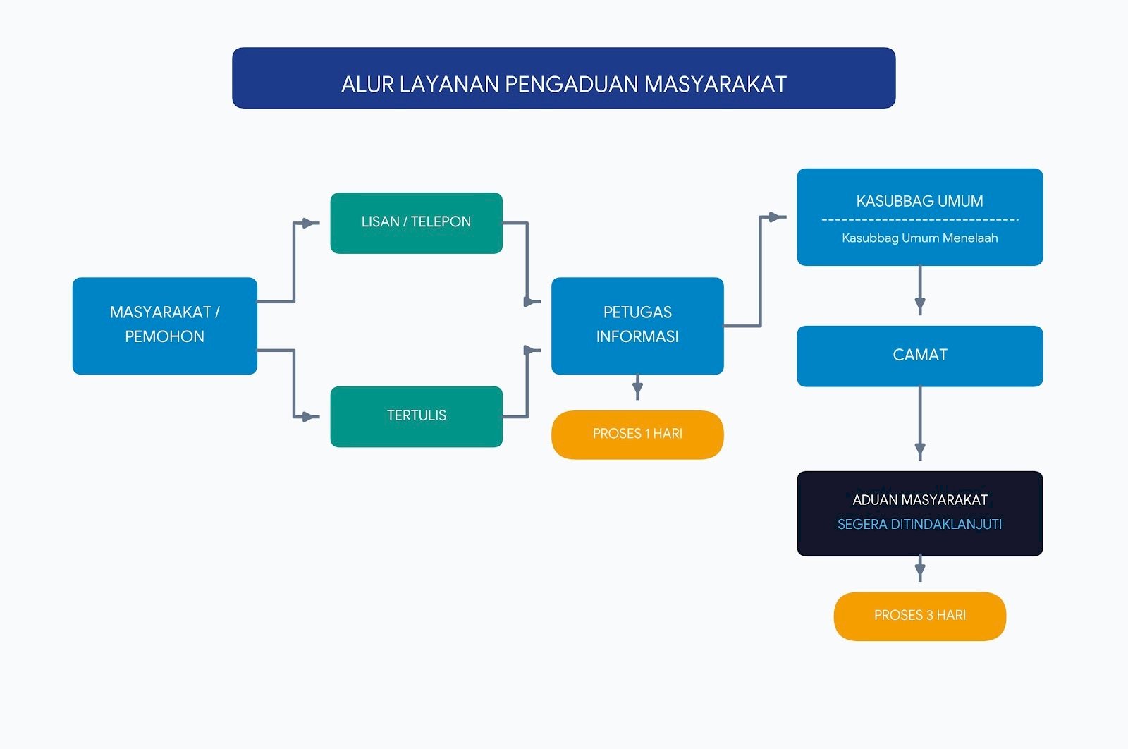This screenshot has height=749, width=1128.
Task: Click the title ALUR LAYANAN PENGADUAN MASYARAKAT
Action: (563, 84)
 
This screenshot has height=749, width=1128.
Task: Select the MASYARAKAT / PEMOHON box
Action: (165, 326)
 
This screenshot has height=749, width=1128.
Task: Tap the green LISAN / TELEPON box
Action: (417, 223)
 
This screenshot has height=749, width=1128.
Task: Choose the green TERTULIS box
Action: (417, 417)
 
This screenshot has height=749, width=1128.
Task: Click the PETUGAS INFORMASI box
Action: (637, 326)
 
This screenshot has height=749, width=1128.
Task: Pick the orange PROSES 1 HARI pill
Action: (637, 434)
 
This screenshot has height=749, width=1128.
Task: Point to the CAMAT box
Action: (920, 356)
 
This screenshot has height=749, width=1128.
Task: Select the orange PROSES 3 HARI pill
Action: (920, 616)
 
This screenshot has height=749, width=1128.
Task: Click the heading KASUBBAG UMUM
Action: (919, 202)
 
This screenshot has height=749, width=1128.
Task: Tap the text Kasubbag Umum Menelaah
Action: (920, 238)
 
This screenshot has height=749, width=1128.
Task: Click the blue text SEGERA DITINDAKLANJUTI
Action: (919, 524)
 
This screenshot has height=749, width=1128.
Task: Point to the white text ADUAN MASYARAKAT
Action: (920, 499)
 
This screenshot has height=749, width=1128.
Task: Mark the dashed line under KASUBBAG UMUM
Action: (920, 219)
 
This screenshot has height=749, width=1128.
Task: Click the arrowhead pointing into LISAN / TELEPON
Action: (309, 223)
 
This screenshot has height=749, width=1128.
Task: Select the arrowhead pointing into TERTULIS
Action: (309, 417)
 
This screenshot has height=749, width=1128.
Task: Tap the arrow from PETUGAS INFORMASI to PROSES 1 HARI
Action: (637, 387)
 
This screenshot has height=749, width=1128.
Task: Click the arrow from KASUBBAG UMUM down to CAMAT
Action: (920, 291)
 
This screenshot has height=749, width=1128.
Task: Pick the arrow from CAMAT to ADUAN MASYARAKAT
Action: (920, 424)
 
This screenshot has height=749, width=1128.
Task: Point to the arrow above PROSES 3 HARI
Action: (920, 568)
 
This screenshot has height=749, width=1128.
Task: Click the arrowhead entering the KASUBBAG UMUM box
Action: (778, 217)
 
